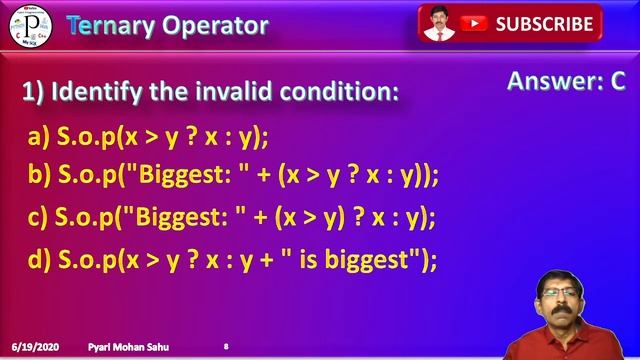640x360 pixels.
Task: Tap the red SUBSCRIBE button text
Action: [544, 23]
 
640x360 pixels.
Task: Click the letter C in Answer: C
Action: [617, 82]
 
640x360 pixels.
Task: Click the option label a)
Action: [39, 136]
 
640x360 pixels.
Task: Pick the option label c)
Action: [39, 217]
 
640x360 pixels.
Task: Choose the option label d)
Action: [39, 259]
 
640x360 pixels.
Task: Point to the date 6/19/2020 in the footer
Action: [34, 346]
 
